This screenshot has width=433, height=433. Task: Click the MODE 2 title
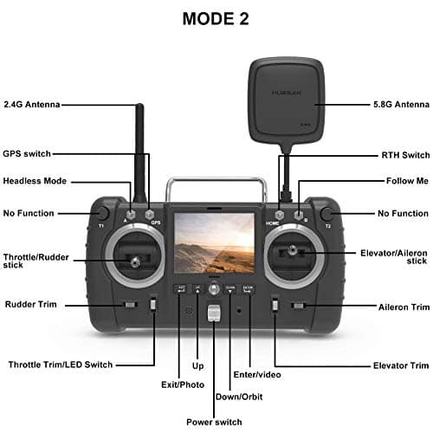(x=216, y=19)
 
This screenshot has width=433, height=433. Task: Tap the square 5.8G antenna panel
(x=287, y=101)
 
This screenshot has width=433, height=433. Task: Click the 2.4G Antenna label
(x=32, y=104)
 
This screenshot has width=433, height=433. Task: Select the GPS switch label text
(x=27, y=153)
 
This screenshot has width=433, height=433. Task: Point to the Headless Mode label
(x=35, y=181)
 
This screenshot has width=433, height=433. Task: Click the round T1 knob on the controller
(x=102, y=213)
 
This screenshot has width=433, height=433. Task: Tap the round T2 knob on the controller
(x=326, y=214)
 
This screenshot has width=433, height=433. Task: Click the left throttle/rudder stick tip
(x=134, y=262)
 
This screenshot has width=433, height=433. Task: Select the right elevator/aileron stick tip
(x=292, y=249)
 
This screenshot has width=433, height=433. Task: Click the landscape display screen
(x=214, y=242)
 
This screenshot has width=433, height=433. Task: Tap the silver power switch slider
(x=214, y=313)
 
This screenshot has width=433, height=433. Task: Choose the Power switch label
(x=214, y=422)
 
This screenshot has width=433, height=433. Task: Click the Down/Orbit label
(x=239, y=397)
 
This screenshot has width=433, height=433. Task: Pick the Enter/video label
(x=257, y=374)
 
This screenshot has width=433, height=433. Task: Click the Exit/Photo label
(x=183, y=385)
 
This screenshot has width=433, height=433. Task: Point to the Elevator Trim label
(x=401, y=365)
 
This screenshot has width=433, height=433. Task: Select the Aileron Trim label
(x=404, y=307)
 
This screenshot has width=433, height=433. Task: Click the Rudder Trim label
(x=31, y=304)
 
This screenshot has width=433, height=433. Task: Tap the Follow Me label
(x=407, y=181)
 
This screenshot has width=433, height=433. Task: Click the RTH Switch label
(x=405, y=155)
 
